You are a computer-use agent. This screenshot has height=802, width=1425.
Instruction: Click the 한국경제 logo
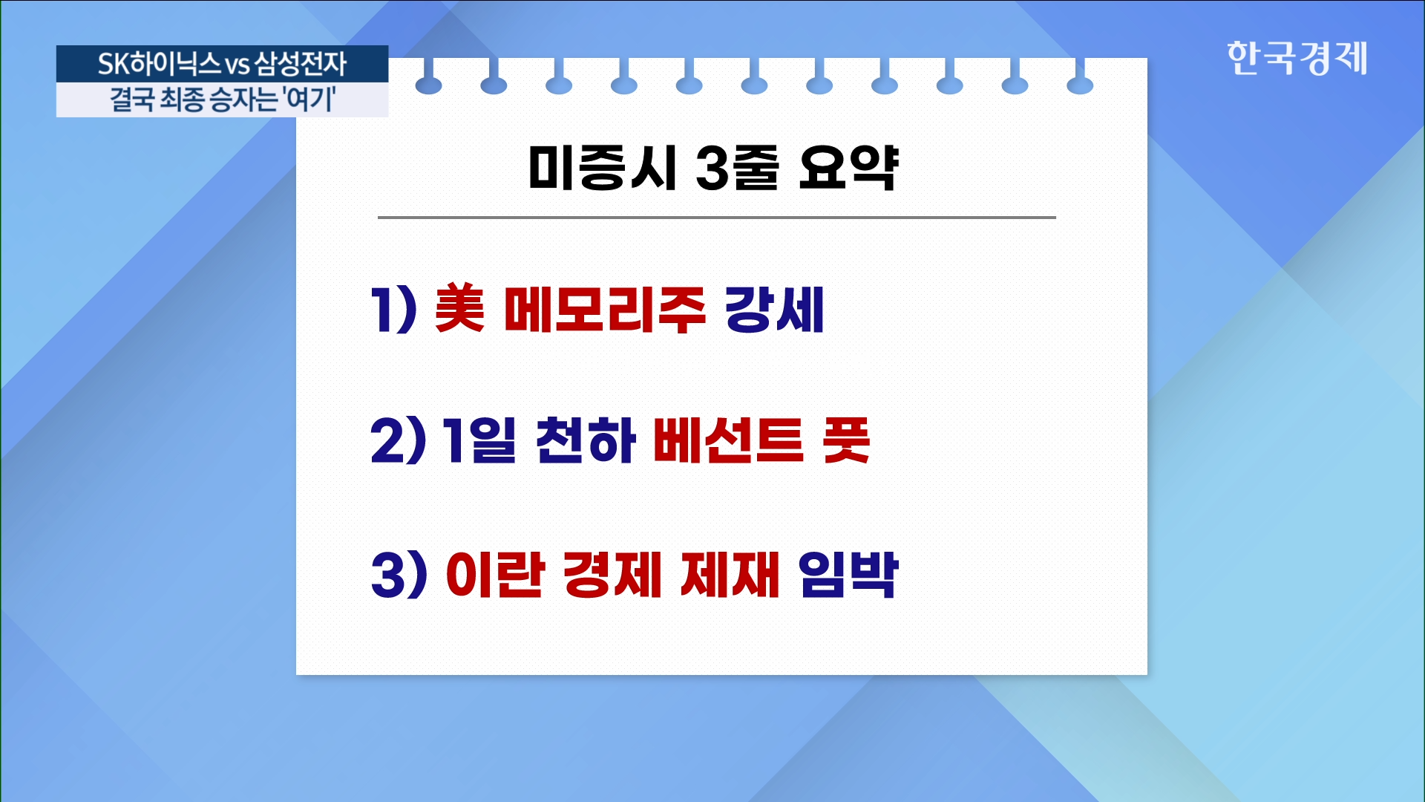(x=1297, y=58)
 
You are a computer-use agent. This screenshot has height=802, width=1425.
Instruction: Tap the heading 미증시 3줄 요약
(x=713, y=167)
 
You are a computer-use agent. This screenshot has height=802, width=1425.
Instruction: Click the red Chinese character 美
(x=459, y=308)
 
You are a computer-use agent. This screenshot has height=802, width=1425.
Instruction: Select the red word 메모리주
(x=604, y=309)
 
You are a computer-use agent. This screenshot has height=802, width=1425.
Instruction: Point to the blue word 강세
(x=774, y=309)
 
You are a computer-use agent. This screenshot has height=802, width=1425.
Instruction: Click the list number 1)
(x=393, y=309)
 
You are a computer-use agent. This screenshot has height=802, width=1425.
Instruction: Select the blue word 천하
(x=586, y=440)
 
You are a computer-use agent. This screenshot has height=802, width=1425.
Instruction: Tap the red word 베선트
(x=728, y=440)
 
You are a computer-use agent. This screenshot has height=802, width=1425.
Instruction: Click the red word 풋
(x=846, y=440)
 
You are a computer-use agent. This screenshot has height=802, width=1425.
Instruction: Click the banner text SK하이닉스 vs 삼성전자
(x=222, y=64)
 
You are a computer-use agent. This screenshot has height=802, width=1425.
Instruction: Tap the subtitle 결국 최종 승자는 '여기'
(x=222, y=99)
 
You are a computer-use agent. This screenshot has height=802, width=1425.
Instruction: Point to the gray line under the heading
(x=717, y=218)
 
